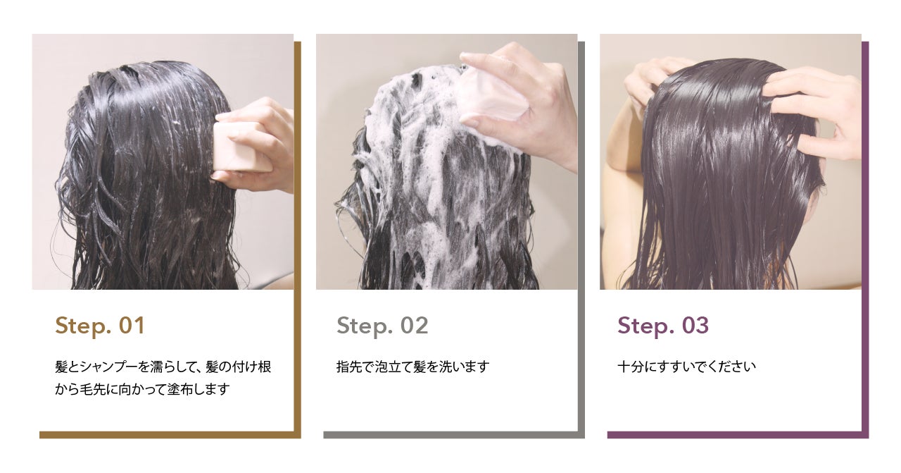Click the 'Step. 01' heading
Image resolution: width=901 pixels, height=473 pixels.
[x=100, y=326]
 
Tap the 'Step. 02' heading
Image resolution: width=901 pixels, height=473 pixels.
[x=382, y=326]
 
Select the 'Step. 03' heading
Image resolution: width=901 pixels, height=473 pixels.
[x=663, y=326]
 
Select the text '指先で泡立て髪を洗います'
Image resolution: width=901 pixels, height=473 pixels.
[x=412, y=367]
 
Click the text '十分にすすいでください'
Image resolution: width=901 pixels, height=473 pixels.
[x=686, y=367]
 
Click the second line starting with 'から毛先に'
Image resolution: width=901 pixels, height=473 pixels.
[x=142, y=389]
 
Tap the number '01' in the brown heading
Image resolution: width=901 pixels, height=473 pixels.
[x=132, y=326]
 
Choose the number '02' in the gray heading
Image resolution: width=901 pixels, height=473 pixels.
[x=415, y=326]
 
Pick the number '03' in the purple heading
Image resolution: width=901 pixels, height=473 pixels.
[x=695, y=326]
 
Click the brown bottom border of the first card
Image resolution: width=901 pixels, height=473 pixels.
[x=170, y=435]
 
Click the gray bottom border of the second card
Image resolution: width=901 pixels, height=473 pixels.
[x=454, y=435]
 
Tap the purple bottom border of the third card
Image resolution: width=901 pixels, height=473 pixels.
[x=738, y=435]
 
